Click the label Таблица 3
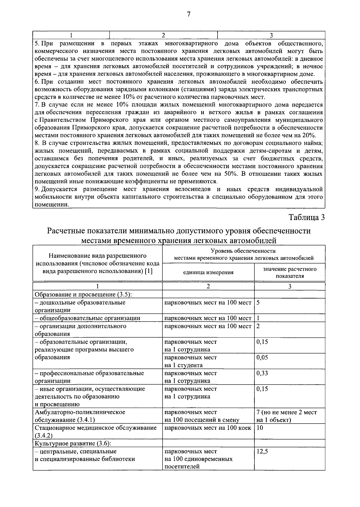tap(307, 217)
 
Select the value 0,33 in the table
tap(262, 373)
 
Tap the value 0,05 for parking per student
tap(262, 358)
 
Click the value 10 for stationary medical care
tap(260, 428)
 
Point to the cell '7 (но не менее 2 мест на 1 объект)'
tap(286, 416)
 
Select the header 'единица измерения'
tap(208, 272)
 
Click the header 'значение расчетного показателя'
tap(290, 272)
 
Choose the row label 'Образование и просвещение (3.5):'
tap(83, 294)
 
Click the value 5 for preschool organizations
tap(258, 302)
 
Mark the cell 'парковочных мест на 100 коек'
tap(208, 428)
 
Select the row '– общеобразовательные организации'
tap(87, 318)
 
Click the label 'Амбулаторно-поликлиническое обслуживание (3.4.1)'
tap(80, 416)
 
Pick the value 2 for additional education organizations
tap(258, 326)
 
